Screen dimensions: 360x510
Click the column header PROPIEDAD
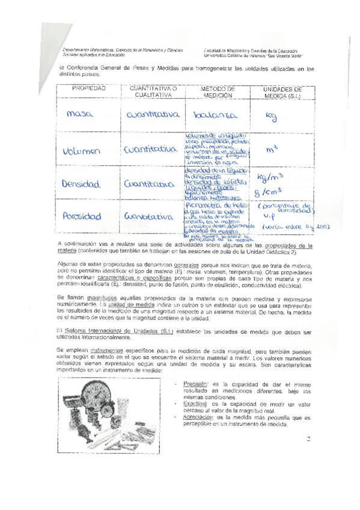(89, 88)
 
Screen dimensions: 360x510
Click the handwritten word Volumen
(82, 152)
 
